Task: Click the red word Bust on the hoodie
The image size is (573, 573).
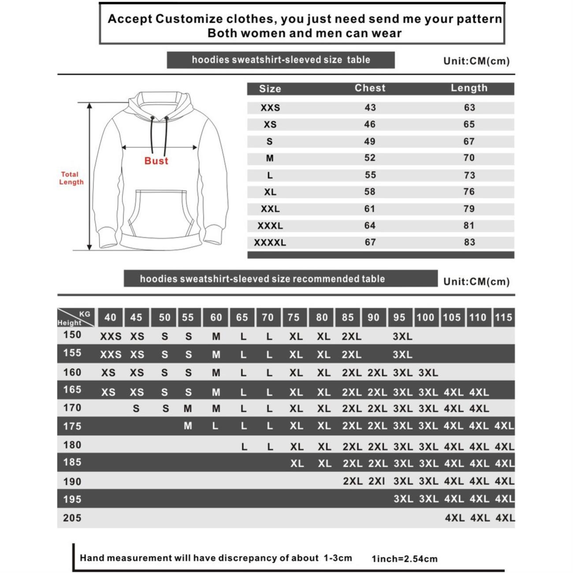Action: click(x=156, y=161)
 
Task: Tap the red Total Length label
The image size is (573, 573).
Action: click(x=71, y=178)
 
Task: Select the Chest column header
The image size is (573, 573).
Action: click(x=370, y=88)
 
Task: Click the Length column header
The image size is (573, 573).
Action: click(x=469, y=88)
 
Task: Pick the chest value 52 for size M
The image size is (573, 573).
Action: click(x=370, y=158)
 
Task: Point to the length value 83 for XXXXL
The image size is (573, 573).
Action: click(x=469, y=242)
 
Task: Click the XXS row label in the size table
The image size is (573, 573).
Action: click(x=270, y=108)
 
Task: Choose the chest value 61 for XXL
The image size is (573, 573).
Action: click(x=370, y=208)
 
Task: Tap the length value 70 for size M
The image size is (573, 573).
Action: click(x=469, y=158)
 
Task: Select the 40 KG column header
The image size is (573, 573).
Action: click(x=110, y=317)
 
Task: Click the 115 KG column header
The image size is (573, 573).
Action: click(x=503, y=317)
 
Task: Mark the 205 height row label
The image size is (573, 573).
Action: click(x=72, y=517)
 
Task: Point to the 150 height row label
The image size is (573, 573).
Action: click(x=72, y=335)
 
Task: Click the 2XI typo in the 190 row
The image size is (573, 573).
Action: click(x=376, y=481)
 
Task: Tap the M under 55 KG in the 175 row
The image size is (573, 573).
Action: click(x=188, y=426)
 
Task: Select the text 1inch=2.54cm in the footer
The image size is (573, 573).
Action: click(x=405, y=559)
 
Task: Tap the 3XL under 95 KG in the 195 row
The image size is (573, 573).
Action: click(x=403, y=499)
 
